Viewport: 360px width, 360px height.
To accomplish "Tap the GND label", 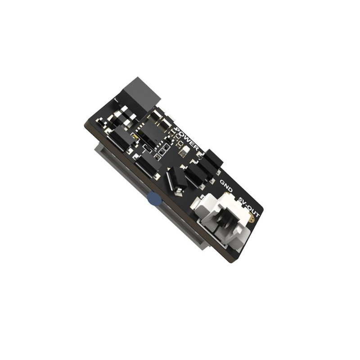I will [226, 186].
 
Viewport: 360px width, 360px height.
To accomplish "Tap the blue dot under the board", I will [154, 199].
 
